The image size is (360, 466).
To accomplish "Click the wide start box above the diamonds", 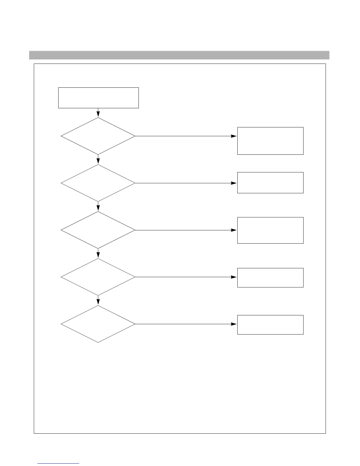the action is pos(98,98).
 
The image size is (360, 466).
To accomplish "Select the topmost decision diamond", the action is pos(98,136).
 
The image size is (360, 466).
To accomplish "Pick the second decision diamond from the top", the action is pos(98,183).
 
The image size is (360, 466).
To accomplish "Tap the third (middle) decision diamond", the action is pos(98,230).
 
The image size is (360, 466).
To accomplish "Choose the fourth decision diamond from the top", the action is pos(98,277).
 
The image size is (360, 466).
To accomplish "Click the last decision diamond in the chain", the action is pos(98,324).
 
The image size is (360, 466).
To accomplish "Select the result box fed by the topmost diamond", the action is pos(270,141).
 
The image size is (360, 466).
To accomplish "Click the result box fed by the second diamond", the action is pos(270,183).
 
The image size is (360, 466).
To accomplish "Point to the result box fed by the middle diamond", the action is pos(270,230).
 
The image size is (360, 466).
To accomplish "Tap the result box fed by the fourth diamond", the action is pos(270,277).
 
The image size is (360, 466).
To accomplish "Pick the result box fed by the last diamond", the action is pos(270,324).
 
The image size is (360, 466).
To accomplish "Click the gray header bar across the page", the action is pos(179,55).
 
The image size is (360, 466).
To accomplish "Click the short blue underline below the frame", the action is pos(58,463).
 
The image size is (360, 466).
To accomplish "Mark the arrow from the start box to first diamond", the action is pos(98,113).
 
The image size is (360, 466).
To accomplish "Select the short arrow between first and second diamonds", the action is pos(98,159).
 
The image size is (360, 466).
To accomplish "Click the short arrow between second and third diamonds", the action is pos(98,206).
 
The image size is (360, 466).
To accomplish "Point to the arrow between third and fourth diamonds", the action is pos(98,253).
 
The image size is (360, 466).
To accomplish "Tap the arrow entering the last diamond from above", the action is pos(98,300).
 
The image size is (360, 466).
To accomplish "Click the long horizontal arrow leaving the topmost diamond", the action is pos(185,136).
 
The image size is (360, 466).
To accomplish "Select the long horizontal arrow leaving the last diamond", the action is pos(185,324).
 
